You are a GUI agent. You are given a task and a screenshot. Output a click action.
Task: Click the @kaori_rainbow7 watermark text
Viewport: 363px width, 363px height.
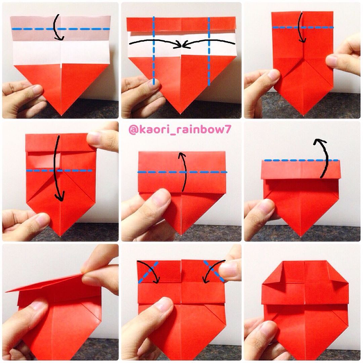180,130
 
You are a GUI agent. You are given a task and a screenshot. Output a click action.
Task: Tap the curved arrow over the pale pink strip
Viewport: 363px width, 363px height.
56,27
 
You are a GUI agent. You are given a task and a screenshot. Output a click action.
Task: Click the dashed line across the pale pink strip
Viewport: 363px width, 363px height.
61,29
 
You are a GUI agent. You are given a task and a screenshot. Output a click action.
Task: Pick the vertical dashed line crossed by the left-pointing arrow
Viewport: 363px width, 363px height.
209,51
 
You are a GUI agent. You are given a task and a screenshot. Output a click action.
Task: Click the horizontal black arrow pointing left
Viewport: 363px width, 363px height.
209,43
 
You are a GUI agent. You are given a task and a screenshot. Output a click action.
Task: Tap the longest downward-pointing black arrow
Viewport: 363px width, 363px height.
57,168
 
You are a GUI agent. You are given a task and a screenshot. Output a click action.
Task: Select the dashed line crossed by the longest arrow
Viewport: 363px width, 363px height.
59,171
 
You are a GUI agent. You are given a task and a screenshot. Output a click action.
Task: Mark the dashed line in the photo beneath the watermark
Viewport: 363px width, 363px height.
182,172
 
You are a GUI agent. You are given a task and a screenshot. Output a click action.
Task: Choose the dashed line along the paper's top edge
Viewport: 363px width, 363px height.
301,160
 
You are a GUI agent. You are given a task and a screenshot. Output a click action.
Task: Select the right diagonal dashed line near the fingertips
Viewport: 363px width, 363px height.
214,271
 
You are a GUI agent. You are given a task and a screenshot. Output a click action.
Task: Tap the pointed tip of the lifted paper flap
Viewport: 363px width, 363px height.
6,292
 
